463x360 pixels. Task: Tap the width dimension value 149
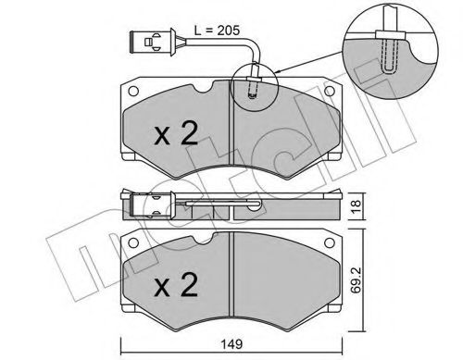(x=233, y=345)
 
